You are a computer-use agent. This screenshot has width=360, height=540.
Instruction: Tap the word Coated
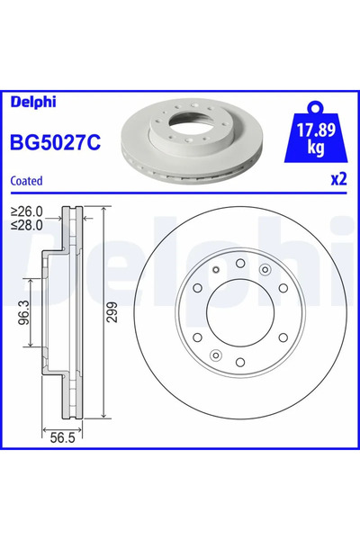[x=27, y=180]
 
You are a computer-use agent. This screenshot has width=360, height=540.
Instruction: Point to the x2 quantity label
[x=337, y=180]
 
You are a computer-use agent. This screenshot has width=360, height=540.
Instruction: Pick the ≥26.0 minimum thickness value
[x=27, y=212]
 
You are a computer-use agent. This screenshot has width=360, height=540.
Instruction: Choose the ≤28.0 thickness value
[x=27, y=225]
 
